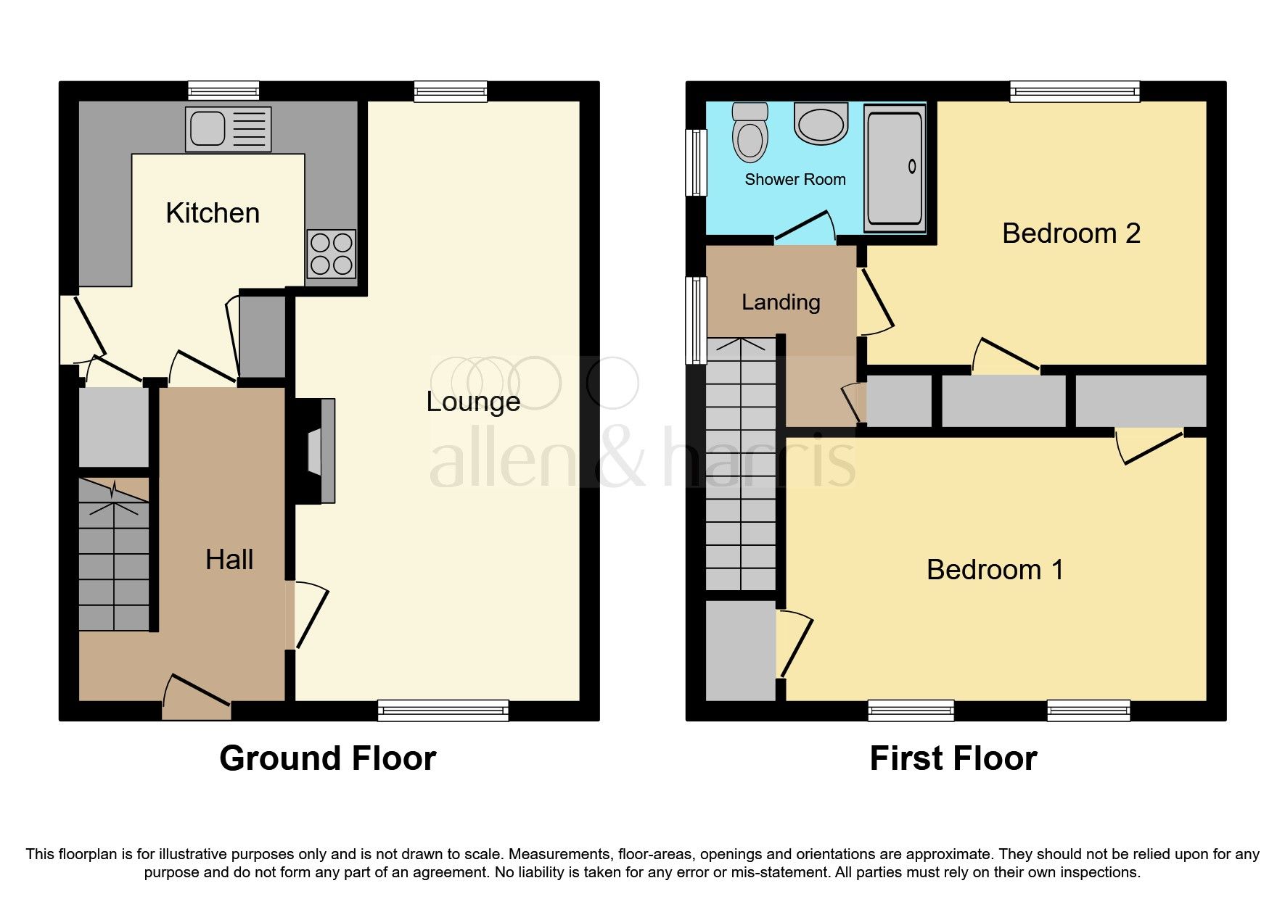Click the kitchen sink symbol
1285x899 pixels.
(x=228, y=129)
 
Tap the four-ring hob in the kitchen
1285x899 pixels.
(x=332, y=254)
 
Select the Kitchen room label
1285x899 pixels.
(x=213, y=213)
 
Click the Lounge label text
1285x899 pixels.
(x=473, y=402)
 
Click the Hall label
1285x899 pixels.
(x=229, y=560)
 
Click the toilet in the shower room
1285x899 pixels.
(x=750, y=132)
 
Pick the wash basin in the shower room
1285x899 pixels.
(x=821, y=123)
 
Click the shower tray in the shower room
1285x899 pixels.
(x=895, y=167)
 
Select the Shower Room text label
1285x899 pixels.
(x=795, y=180)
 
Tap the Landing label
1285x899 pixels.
(x=781, y=302)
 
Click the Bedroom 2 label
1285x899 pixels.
(x=1071, y=233)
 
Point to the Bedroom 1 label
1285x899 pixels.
(x=995, y=570)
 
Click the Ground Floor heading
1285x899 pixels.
(x=328, y=758)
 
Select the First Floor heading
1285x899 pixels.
(x=953, y=758)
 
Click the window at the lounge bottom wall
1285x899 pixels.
(x=443, y=710)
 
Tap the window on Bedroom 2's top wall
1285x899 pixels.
(x=1075, y=91)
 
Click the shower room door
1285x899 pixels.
(x=804, y=227)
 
